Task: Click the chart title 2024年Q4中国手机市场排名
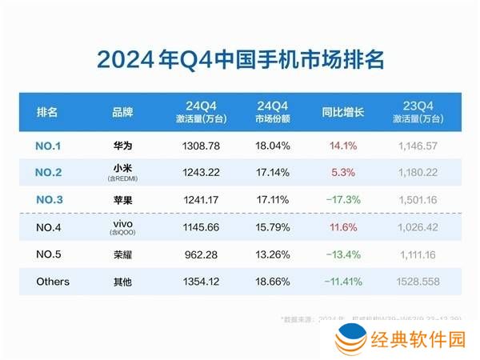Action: click(240, 59)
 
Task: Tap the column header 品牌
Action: click(122, 113)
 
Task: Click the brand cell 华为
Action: click(122, 146)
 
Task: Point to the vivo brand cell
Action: click(122, 226)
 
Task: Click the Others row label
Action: click(53, 282)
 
